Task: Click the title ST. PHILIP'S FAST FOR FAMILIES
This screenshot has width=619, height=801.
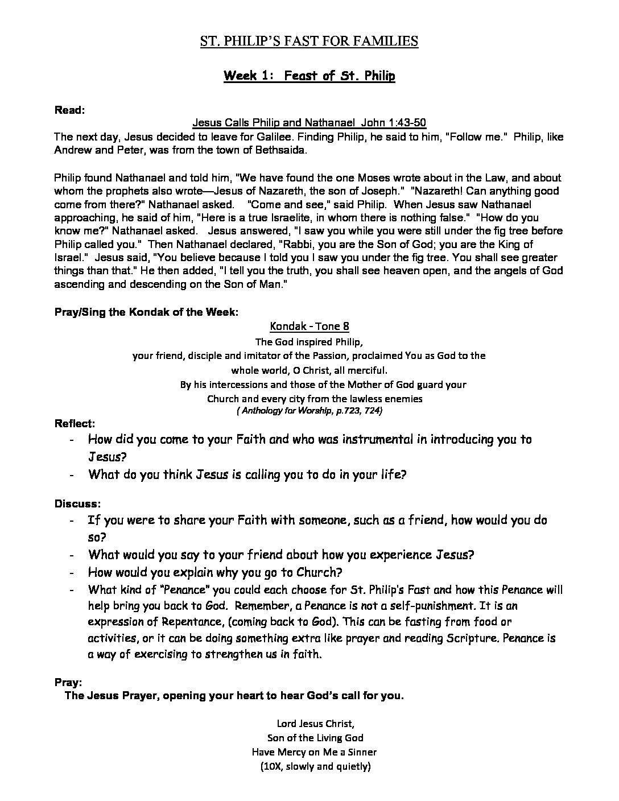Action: [x=309, y=41]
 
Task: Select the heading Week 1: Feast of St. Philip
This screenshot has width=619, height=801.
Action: [x=309, y=76]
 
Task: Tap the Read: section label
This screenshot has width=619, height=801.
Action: [x=69, y=110]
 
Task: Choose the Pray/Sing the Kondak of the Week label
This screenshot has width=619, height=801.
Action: [x=146, y=312]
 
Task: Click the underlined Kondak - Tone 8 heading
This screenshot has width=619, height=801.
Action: [x=309, y=326]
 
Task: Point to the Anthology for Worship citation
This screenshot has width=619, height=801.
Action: [x=309, y=410]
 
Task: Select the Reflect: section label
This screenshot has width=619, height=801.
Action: [x=75, y=423]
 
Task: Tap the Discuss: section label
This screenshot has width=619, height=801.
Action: [x=77, y=503]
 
